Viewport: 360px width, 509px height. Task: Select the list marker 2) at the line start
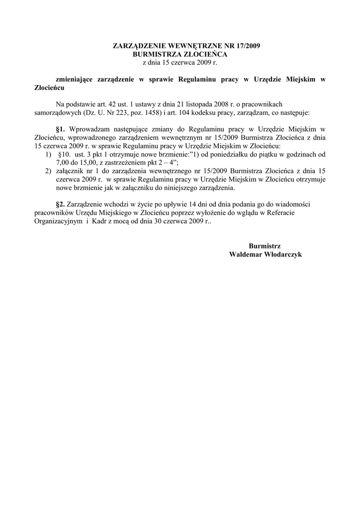pos(48,171)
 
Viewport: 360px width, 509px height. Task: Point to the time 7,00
pos(63,163)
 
